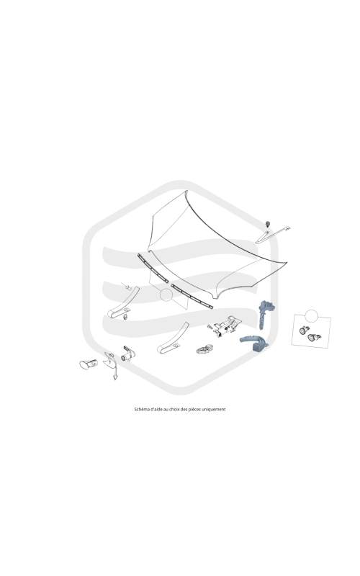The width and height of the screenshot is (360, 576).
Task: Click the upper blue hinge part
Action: [264, 313]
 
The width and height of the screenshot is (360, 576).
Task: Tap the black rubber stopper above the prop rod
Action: [267, 223]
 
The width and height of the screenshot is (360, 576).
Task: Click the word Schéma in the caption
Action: [140, 409]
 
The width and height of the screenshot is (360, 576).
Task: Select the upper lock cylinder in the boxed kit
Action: [305, 330]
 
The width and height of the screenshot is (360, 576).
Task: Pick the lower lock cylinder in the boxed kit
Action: [314, 337]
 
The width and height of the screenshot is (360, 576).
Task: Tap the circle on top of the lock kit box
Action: [311, 316]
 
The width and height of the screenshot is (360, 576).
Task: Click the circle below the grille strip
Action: [166, 294]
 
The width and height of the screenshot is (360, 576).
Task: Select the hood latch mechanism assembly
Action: [223, 326]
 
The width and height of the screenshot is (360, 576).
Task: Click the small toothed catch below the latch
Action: [204, 349]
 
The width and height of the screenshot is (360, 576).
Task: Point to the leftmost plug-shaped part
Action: [88, 364]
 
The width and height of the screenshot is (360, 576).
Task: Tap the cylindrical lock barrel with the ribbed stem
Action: [128, 354]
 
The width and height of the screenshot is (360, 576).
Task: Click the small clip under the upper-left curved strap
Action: [126, 317]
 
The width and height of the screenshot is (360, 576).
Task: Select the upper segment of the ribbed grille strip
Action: [153, 268]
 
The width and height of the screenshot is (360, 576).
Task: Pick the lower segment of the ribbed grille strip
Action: [192, 296]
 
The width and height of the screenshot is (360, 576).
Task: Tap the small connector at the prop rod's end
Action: [287, 228]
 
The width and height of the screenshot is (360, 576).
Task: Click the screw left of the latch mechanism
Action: [210, 326]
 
